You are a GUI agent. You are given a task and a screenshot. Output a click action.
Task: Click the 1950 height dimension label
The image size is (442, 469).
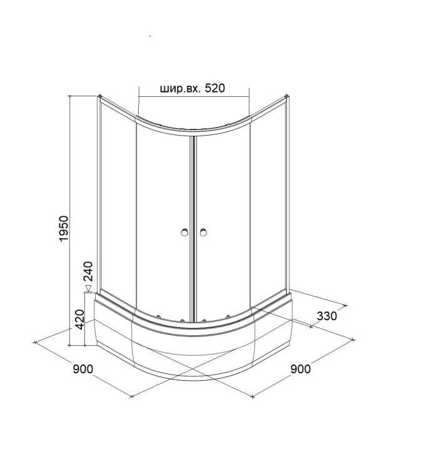point(64,228)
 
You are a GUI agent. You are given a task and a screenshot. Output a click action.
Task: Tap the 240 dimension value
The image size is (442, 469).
point(88,271)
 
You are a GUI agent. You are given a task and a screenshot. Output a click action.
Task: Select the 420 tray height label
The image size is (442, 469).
point(79,320)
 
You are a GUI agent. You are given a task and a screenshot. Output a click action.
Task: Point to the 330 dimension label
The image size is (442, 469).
point(326,316)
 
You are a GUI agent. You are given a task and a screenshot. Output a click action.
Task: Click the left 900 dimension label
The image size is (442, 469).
point(83,369)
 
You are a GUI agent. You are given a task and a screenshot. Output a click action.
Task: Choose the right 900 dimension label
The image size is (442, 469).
point(300,369)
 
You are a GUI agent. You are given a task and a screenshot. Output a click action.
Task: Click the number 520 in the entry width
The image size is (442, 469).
point(214,88)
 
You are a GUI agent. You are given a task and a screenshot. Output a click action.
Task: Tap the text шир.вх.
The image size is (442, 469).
point(180,89)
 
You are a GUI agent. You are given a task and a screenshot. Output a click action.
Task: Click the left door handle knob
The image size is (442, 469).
point(184,232)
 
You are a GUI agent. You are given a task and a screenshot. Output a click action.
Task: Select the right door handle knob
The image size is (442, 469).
point(203,232)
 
